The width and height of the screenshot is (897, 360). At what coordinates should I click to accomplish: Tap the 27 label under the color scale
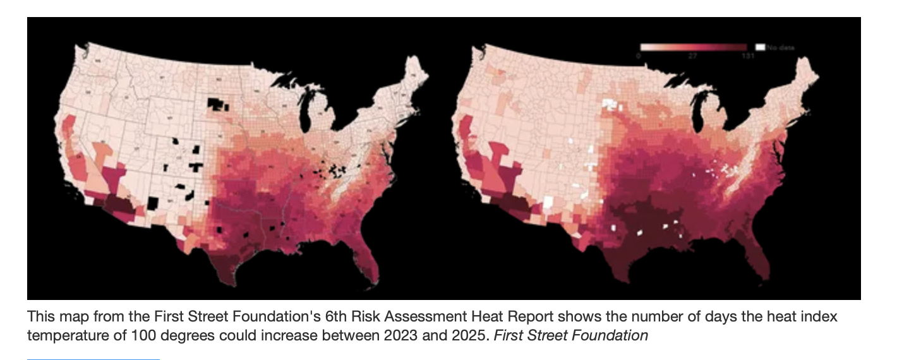(x=692, y=56)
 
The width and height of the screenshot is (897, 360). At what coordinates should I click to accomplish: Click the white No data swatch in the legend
(x=761, y=47)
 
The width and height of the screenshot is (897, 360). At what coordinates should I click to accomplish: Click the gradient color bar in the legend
(x=693, y=47)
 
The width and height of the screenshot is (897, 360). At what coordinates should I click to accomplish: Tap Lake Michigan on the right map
(x=701, y=108)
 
